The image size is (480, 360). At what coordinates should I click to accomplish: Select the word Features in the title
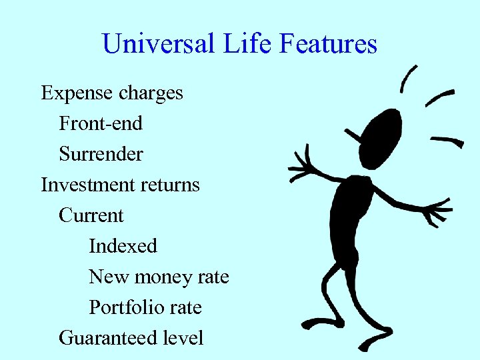329,45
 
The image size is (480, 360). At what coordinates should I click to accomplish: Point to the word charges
151,93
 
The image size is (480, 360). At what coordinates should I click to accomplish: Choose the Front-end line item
101,123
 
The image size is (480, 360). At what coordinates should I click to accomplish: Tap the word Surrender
101,154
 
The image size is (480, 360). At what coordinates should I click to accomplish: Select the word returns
169,185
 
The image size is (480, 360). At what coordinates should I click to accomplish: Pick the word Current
91,215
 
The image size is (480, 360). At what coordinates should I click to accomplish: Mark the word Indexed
123,246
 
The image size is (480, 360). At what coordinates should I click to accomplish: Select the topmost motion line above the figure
408,79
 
